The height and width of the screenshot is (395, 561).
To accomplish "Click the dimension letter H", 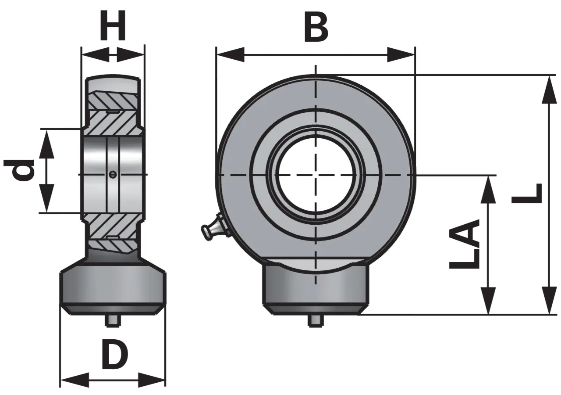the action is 113,25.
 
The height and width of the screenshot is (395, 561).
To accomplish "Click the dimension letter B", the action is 316,27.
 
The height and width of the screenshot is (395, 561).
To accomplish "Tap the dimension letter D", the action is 115,355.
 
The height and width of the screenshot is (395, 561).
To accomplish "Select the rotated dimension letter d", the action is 19,170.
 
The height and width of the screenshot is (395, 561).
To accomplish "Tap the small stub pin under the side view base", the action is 113,320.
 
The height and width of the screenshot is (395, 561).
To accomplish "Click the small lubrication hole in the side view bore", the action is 113,174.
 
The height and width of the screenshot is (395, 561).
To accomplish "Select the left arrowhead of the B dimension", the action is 231,54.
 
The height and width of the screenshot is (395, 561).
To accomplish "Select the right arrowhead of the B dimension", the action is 401,54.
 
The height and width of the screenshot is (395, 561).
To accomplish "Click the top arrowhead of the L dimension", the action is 549,90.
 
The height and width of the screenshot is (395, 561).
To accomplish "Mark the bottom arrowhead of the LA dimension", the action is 488,300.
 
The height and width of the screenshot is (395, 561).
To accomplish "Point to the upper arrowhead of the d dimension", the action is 47,144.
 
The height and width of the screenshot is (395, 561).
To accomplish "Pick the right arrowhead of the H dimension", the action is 131,54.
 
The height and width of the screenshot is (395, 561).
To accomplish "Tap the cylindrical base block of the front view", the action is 316,287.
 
